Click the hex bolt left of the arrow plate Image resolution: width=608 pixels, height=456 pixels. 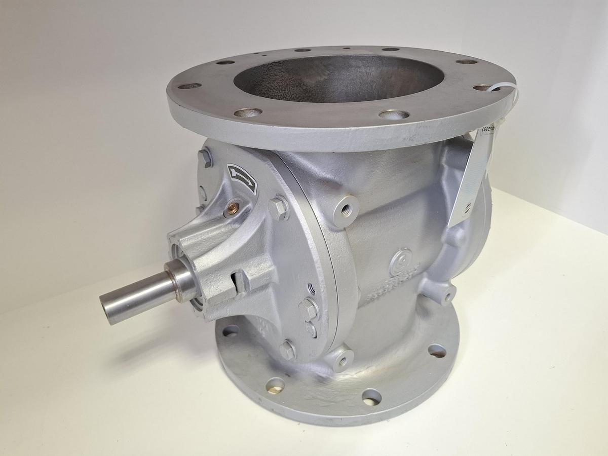point(206,158)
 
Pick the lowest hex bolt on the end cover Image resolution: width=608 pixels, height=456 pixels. point(287,350)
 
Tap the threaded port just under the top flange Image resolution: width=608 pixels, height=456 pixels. point(348,206)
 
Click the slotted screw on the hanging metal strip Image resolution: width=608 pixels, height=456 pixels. point(467,207)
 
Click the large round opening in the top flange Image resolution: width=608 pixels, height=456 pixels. point(338,79)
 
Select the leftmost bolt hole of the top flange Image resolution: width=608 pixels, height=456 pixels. point(189,86)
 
